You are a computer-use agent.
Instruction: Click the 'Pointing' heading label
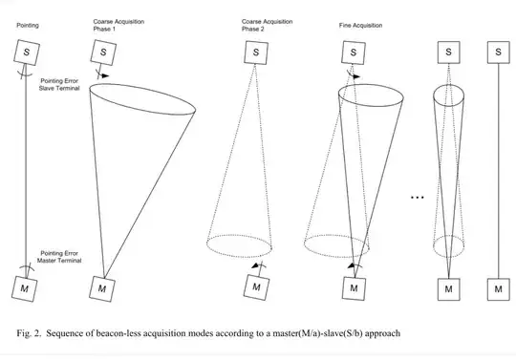[x=28, y=26]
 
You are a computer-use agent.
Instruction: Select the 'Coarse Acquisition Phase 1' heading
[x=118, y=25]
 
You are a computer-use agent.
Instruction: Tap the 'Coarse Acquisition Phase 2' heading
[x=267, y=25]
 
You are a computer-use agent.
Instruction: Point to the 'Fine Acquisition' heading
[x=360, y=26]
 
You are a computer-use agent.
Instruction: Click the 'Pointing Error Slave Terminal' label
[x=59, y=84]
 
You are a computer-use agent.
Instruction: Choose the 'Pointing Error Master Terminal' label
[x=59, y=257]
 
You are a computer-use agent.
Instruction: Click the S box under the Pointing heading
[x=27, y=52]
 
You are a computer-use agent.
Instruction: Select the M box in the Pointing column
[x=24, y=288]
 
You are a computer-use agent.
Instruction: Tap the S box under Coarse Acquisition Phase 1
[x=103, y=53]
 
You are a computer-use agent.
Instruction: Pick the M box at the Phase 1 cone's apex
[x=102, y=289]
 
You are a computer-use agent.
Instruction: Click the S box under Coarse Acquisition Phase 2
[x=256, y=53]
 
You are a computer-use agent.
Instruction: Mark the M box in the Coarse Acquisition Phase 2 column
[x=256, y=287]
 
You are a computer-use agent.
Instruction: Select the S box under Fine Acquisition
[x=354, y=53]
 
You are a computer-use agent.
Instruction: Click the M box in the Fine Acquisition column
[x=354, y=288]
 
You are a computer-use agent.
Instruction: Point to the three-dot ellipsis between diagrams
[x=418, y=198]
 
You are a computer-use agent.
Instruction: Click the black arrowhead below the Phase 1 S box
[x=105, y=76]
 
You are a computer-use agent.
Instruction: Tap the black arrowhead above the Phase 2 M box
[x=256, y=265]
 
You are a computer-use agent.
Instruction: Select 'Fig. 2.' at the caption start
[x=29, y=333]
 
